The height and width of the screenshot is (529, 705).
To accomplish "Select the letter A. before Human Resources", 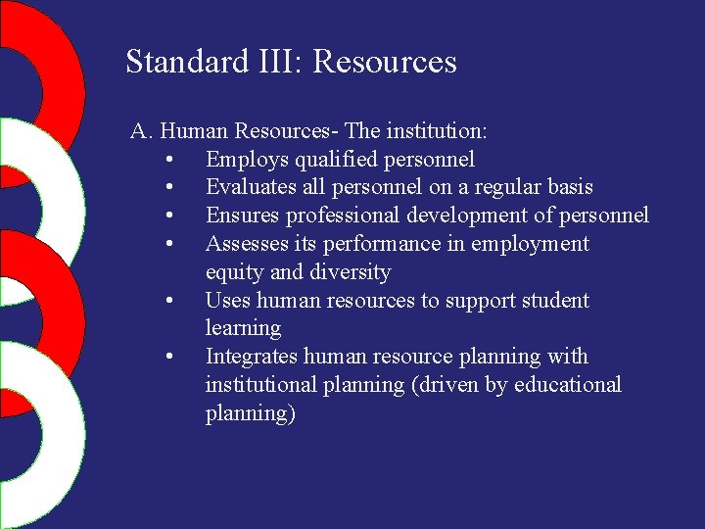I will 142,130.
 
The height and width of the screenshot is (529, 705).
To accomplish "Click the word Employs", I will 242,159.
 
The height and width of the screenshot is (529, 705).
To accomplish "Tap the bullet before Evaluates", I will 170,187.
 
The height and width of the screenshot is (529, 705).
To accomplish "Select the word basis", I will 568,187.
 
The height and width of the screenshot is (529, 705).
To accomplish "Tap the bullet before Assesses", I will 170,244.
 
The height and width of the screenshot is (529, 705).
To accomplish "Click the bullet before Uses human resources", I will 170,301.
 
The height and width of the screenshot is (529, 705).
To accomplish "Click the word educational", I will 567,385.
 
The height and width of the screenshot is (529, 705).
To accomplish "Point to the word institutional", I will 262,385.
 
